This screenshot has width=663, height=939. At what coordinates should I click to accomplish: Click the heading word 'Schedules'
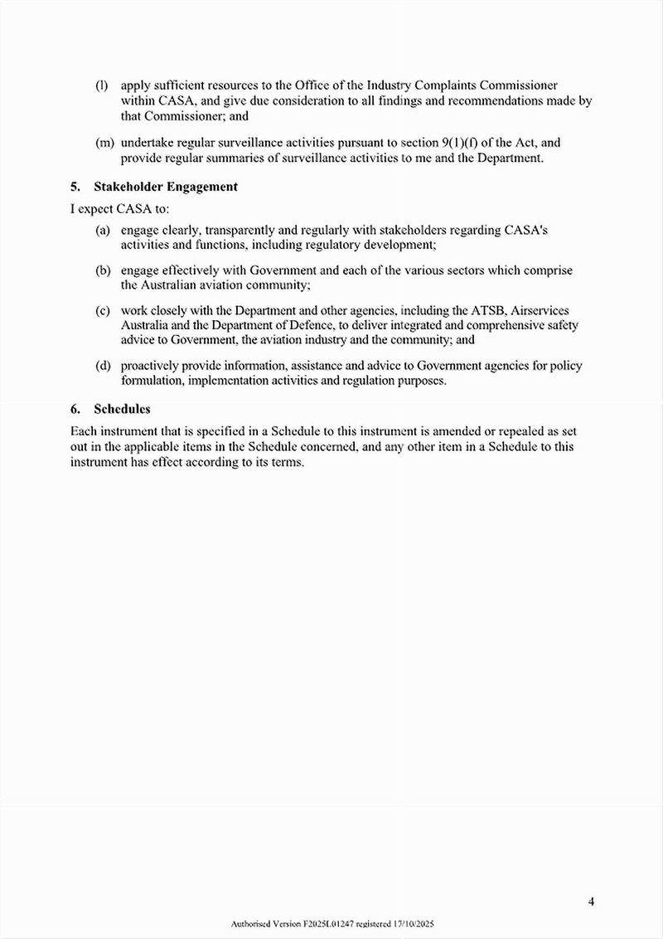point(122,409)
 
